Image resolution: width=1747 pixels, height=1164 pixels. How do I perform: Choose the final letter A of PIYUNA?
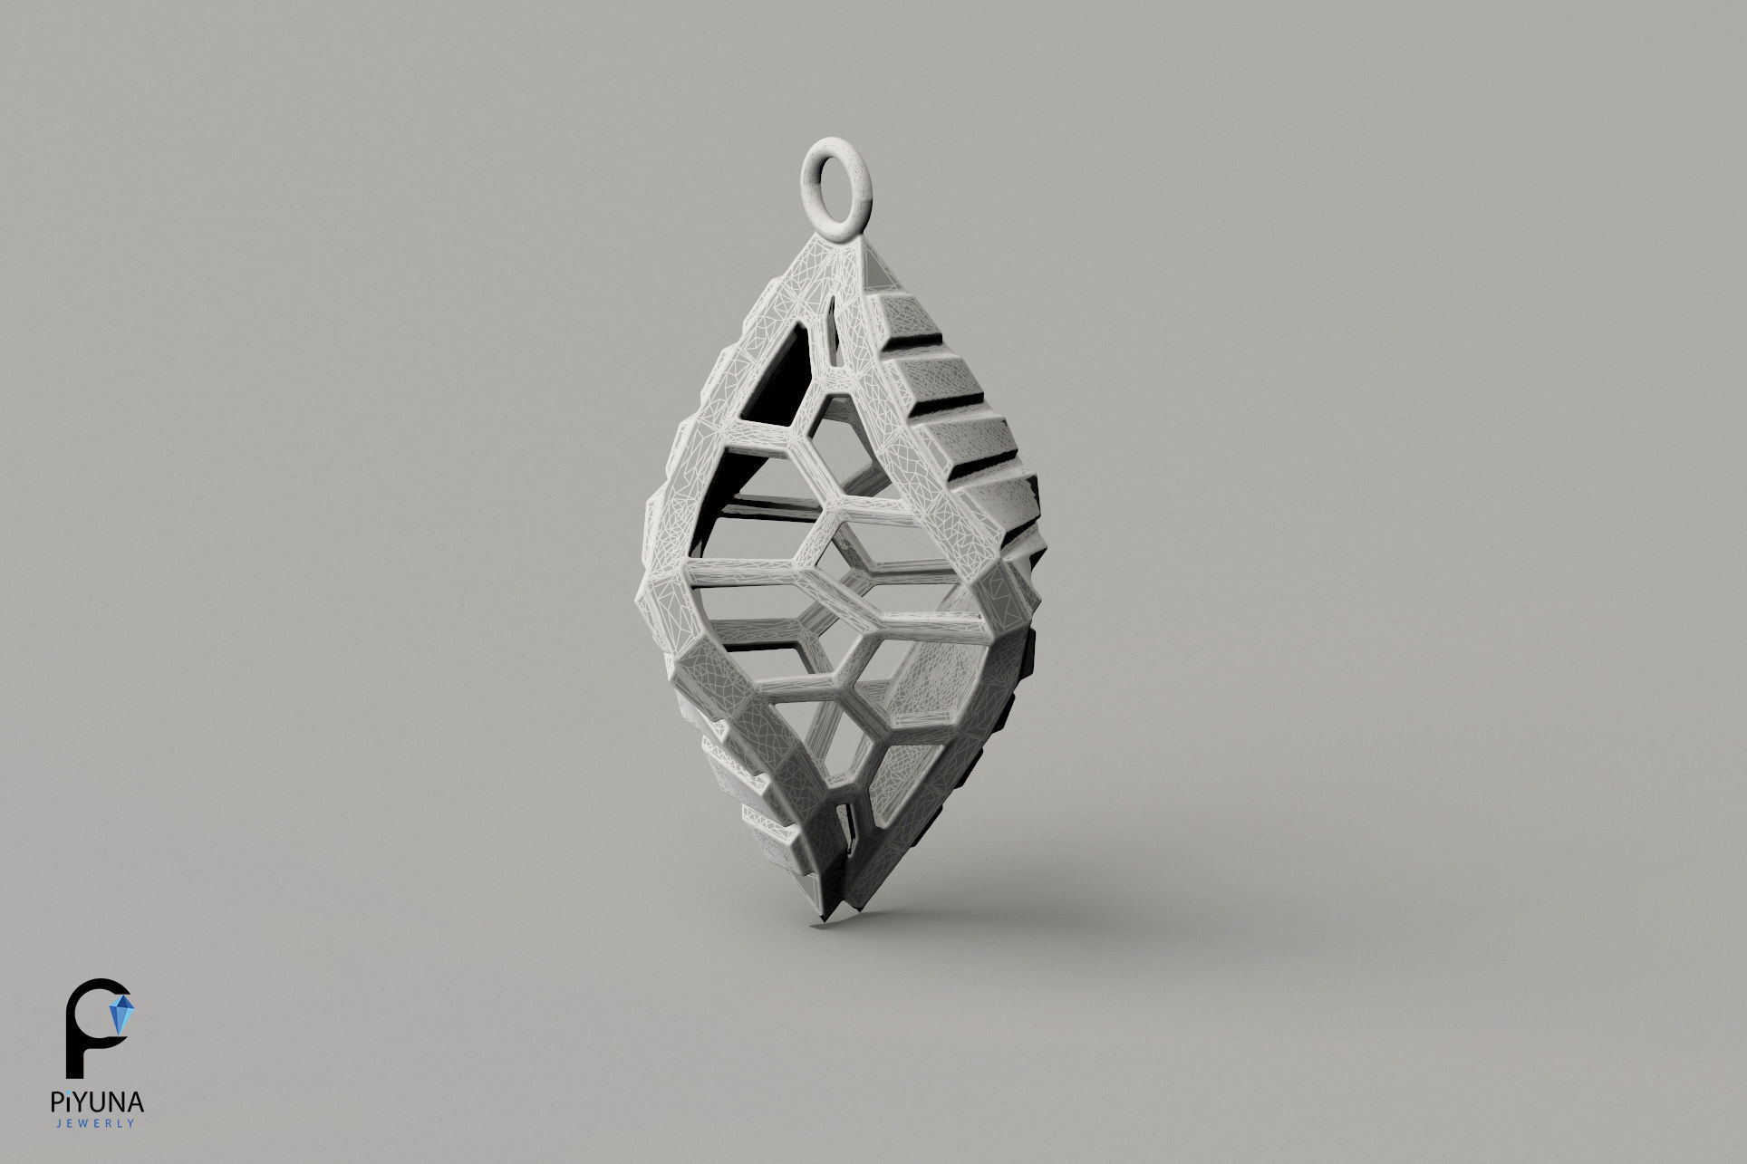click(x=137, y=1102)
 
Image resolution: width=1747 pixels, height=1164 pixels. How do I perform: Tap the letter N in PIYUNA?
click(x=118, y=1102)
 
